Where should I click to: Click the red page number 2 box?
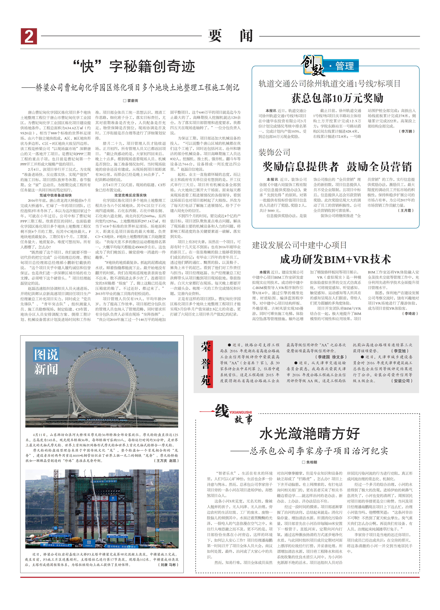[29, 36]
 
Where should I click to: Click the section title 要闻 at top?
[230, 36]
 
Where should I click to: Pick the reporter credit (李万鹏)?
[407, 131]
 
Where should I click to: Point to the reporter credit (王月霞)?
[406, 210]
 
